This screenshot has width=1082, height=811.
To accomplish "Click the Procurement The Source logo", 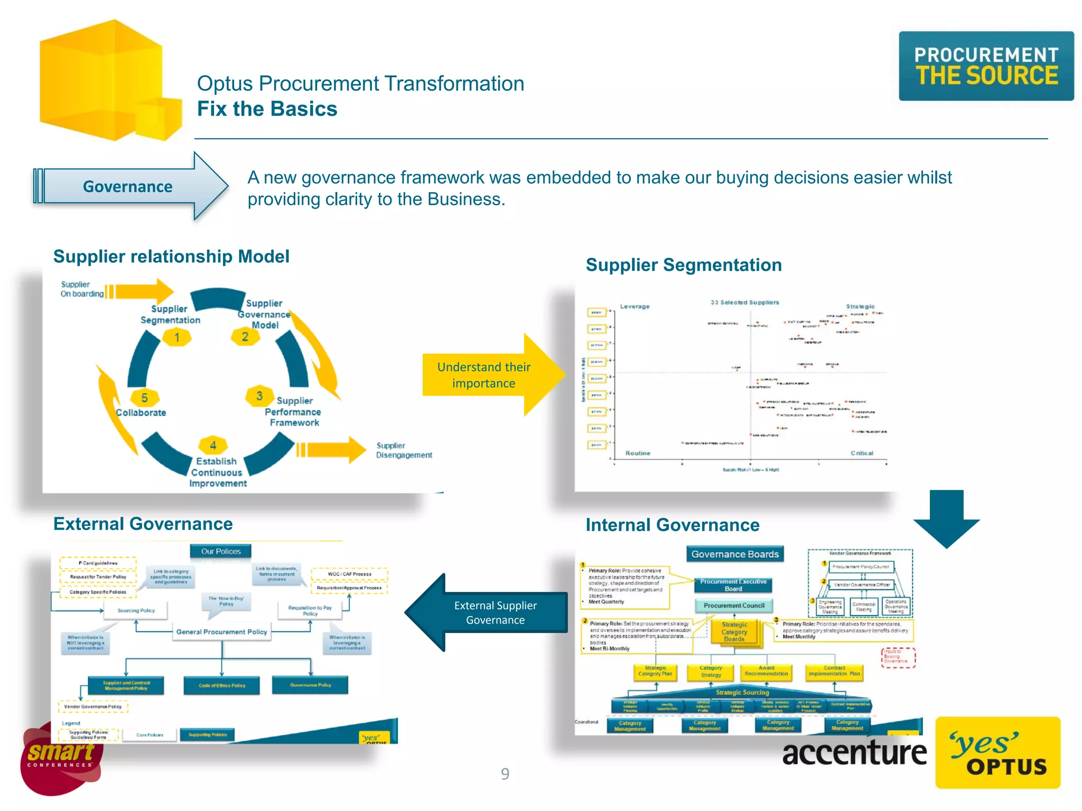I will click(986, 66).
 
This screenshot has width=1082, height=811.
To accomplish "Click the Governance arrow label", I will click(127, 186).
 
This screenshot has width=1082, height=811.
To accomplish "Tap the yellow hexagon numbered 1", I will click(177, 337).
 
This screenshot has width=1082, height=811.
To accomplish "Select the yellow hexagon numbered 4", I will click(213, 445).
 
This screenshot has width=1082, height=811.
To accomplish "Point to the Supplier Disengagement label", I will click(404, 450).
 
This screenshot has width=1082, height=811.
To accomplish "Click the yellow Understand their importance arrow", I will click(491, 375).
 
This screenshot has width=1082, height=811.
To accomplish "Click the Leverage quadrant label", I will click(635, 306).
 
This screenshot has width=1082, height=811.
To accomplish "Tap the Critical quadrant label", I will click(862, 453).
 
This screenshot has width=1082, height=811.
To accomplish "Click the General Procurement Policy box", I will click(222, 631).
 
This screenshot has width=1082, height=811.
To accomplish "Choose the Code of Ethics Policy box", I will click(222, 685).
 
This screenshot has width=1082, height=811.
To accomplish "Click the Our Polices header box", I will click(221, 551).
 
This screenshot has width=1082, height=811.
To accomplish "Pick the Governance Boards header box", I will click(735, 554).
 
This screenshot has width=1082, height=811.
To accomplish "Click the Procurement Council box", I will click(734, 606).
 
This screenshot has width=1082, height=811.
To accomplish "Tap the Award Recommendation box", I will click(766, 671).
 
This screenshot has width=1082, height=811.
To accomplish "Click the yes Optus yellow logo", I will click(997, 752).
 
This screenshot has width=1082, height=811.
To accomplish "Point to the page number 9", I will click(505, 774).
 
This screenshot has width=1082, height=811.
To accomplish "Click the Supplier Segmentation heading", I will click(684, 265).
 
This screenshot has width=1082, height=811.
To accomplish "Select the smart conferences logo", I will click(61, 758).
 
